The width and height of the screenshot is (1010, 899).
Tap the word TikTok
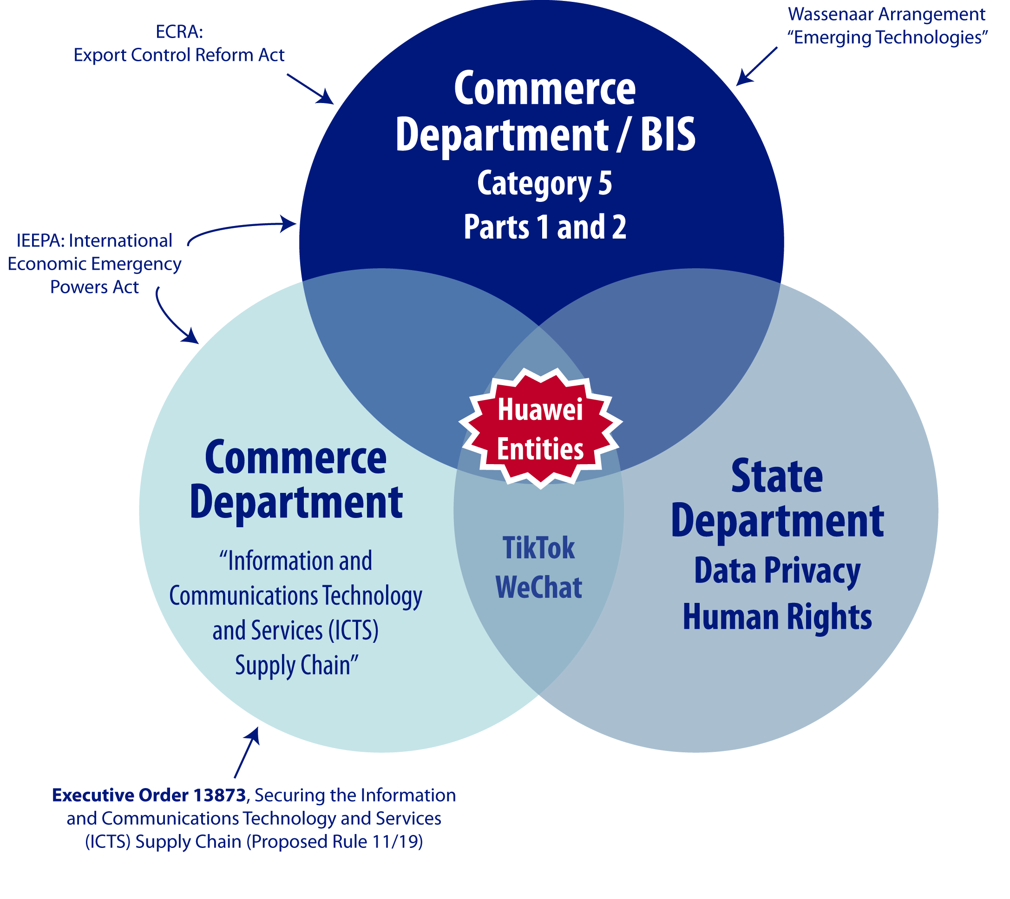tap(538, 548)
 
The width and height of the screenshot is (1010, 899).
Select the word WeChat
tap(538, 587)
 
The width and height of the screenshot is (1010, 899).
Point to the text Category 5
tap(544, 183)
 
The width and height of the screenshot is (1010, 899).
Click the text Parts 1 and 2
tap(545, 227)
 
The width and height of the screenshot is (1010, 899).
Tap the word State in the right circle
tap(777, 476)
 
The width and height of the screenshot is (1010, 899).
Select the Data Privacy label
tap(777, 571)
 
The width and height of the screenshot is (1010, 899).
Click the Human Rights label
tap(777, 617)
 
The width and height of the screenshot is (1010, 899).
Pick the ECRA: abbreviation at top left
tap(179, 32)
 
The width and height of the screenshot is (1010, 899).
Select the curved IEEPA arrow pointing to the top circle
tap(242, 228)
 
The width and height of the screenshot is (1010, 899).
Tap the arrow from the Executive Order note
tap(247, 752)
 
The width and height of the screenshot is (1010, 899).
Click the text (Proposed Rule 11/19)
tap(334, 842)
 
